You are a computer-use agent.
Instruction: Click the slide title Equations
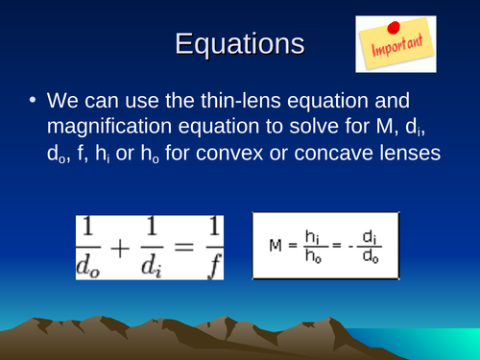(240, 45)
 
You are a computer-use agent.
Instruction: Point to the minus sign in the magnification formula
(348, 247)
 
